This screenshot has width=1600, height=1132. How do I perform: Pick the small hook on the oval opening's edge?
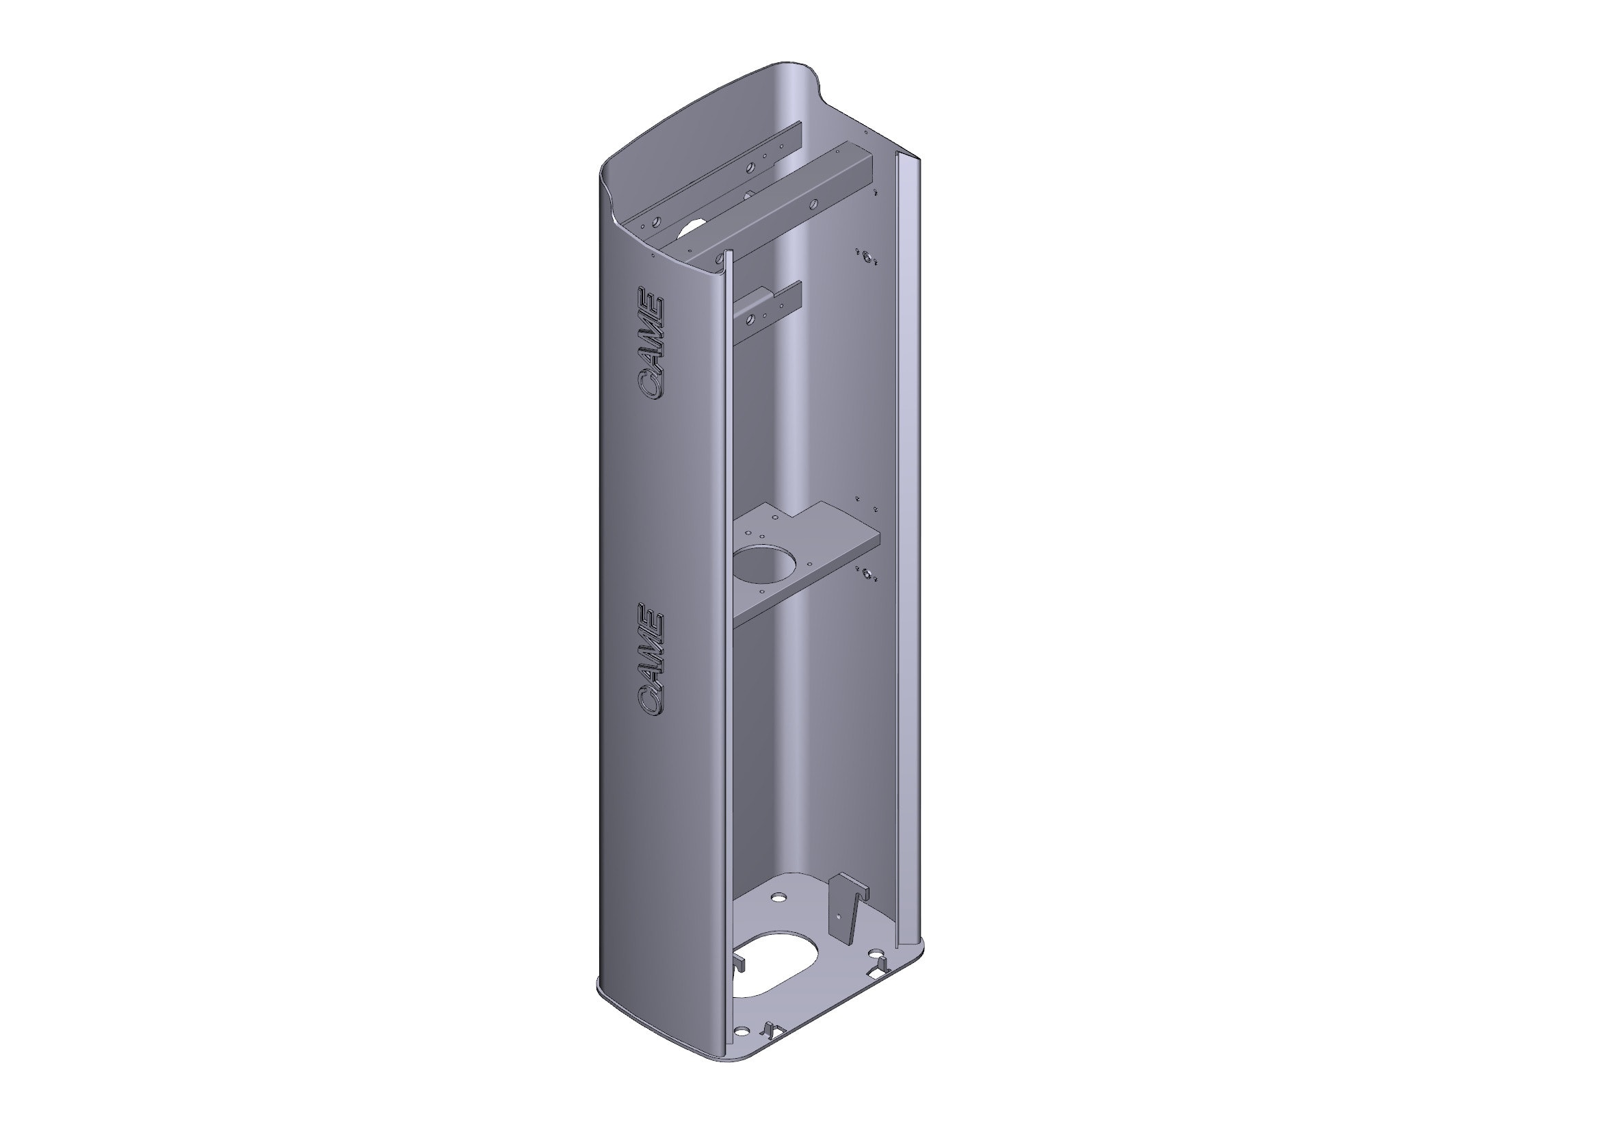(x=740, y=965)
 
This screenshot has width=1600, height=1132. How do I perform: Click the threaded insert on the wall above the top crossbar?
(x=865, y=257)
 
